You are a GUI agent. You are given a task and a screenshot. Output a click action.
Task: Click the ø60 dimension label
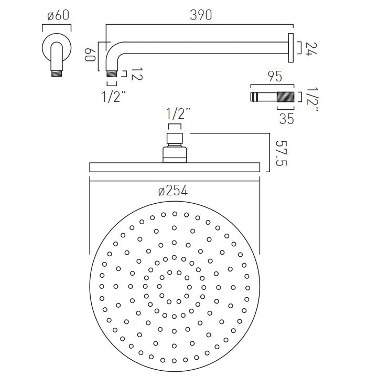[58, 15]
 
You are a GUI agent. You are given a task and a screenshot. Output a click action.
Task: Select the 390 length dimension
[201, 15]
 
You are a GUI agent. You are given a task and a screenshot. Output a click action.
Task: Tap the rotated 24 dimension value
[311, 49]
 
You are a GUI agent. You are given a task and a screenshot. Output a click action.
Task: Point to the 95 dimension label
[275, 77]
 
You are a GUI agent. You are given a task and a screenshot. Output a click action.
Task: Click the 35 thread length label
[286, 119]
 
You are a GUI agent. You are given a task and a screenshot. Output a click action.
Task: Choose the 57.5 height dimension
[281, 153]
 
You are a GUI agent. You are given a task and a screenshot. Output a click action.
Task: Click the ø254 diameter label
[173, 191]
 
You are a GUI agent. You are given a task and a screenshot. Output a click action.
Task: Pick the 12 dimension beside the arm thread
[137, 74]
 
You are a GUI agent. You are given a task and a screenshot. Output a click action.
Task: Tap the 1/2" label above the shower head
[178, 113]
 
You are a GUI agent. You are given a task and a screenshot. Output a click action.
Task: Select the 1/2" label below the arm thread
[114, 97]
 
